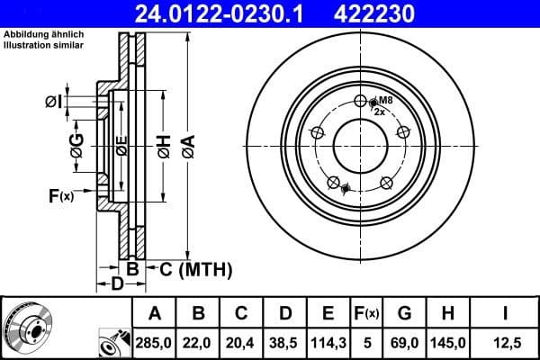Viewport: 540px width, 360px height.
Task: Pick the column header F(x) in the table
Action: (366, 313)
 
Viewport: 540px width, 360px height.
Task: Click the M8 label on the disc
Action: (385, 100)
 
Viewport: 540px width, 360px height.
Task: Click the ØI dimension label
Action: (53, 102)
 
